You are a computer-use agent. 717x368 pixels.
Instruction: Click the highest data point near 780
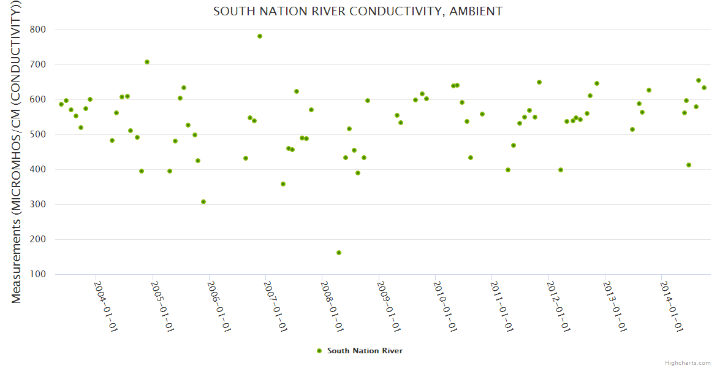tap(260, 36)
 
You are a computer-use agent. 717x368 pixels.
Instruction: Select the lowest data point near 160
tap(339, 253)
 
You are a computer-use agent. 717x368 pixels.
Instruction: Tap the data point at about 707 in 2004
tap(147, 62)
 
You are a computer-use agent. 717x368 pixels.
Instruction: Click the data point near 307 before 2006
tap(203, 202)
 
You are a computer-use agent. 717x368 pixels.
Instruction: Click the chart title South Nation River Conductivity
tap(358, 12)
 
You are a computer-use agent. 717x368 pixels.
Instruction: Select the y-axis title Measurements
tap(17, 151)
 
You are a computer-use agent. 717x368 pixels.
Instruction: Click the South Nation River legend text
tap(365, 351)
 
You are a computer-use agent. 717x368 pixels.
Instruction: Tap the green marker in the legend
tap(319, 351)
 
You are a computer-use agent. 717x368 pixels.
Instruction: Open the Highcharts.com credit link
tap(688, 362)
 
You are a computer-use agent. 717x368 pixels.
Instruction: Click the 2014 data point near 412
tap(689, 165)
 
